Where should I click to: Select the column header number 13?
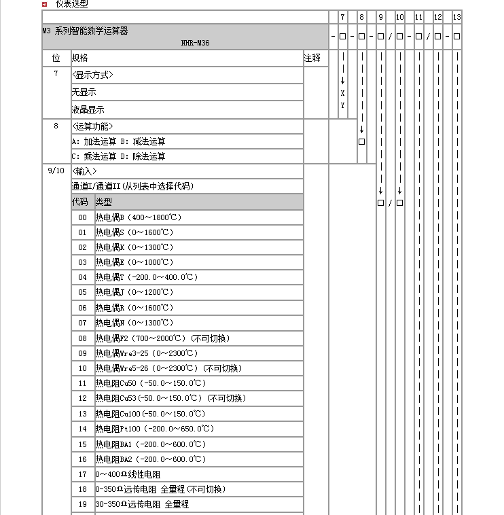click(x=456, y=17)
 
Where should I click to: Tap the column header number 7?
click(x=342, y=17)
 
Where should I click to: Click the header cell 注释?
click(x=312, y=58)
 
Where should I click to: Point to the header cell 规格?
click(x=79, y=58)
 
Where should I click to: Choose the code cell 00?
click(x=82, y=217)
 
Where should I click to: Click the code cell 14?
click(x=82, y=429)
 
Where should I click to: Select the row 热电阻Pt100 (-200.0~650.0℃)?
click(x=154, y=429)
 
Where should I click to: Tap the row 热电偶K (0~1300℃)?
click(x=134, y=247)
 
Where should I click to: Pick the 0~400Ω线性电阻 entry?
click(x=129, y=474)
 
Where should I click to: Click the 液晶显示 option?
click(x=88, y=109)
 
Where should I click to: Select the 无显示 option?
click(x=84, y=92)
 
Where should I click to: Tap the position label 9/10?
click(x=56, y=171)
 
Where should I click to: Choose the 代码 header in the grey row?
click(x=79, y=202)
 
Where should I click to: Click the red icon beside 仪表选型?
click(x=44, y=3)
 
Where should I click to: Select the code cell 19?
click(x=82, y=504)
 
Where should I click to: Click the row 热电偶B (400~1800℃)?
click(x=139, y=217)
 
